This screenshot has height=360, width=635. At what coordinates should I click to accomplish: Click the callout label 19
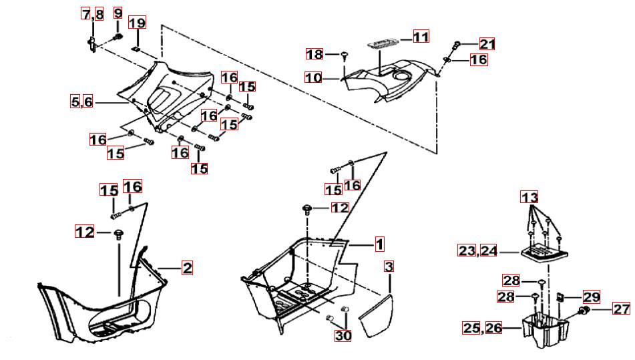138,22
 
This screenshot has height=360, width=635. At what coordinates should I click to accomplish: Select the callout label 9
118,13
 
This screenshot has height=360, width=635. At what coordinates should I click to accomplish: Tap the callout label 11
421,37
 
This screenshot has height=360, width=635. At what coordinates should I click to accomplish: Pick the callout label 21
487,43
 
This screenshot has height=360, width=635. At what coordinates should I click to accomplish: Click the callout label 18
314,54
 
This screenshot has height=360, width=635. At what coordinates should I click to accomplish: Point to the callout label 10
313,77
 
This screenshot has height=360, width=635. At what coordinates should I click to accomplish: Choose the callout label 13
530,197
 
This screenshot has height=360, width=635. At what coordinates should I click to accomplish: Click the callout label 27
622,309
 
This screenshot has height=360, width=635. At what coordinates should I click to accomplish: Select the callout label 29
591,297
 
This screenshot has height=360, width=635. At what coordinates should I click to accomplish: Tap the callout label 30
343,335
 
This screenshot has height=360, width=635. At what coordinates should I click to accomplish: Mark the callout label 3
389,266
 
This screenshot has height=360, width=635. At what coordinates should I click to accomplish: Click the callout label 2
187,268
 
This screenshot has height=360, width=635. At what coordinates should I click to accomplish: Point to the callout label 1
379,244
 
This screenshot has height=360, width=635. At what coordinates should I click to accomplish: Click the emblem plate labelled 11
384,43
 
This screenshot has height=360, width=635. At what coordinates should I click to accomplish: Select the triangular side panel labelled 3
377,317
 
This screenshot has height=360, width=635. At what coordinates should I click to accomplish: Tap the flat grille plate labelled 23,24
544,254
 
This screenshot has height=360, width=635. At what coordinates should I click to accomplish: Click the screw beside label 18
345,55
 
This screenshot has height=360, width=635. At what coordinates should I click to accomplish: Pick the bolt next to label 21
457,45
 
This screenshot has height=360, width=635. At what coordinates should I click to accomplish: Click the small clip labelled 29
560,297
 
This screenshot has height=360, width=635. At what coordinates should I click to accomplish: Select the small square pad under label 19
136,49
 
